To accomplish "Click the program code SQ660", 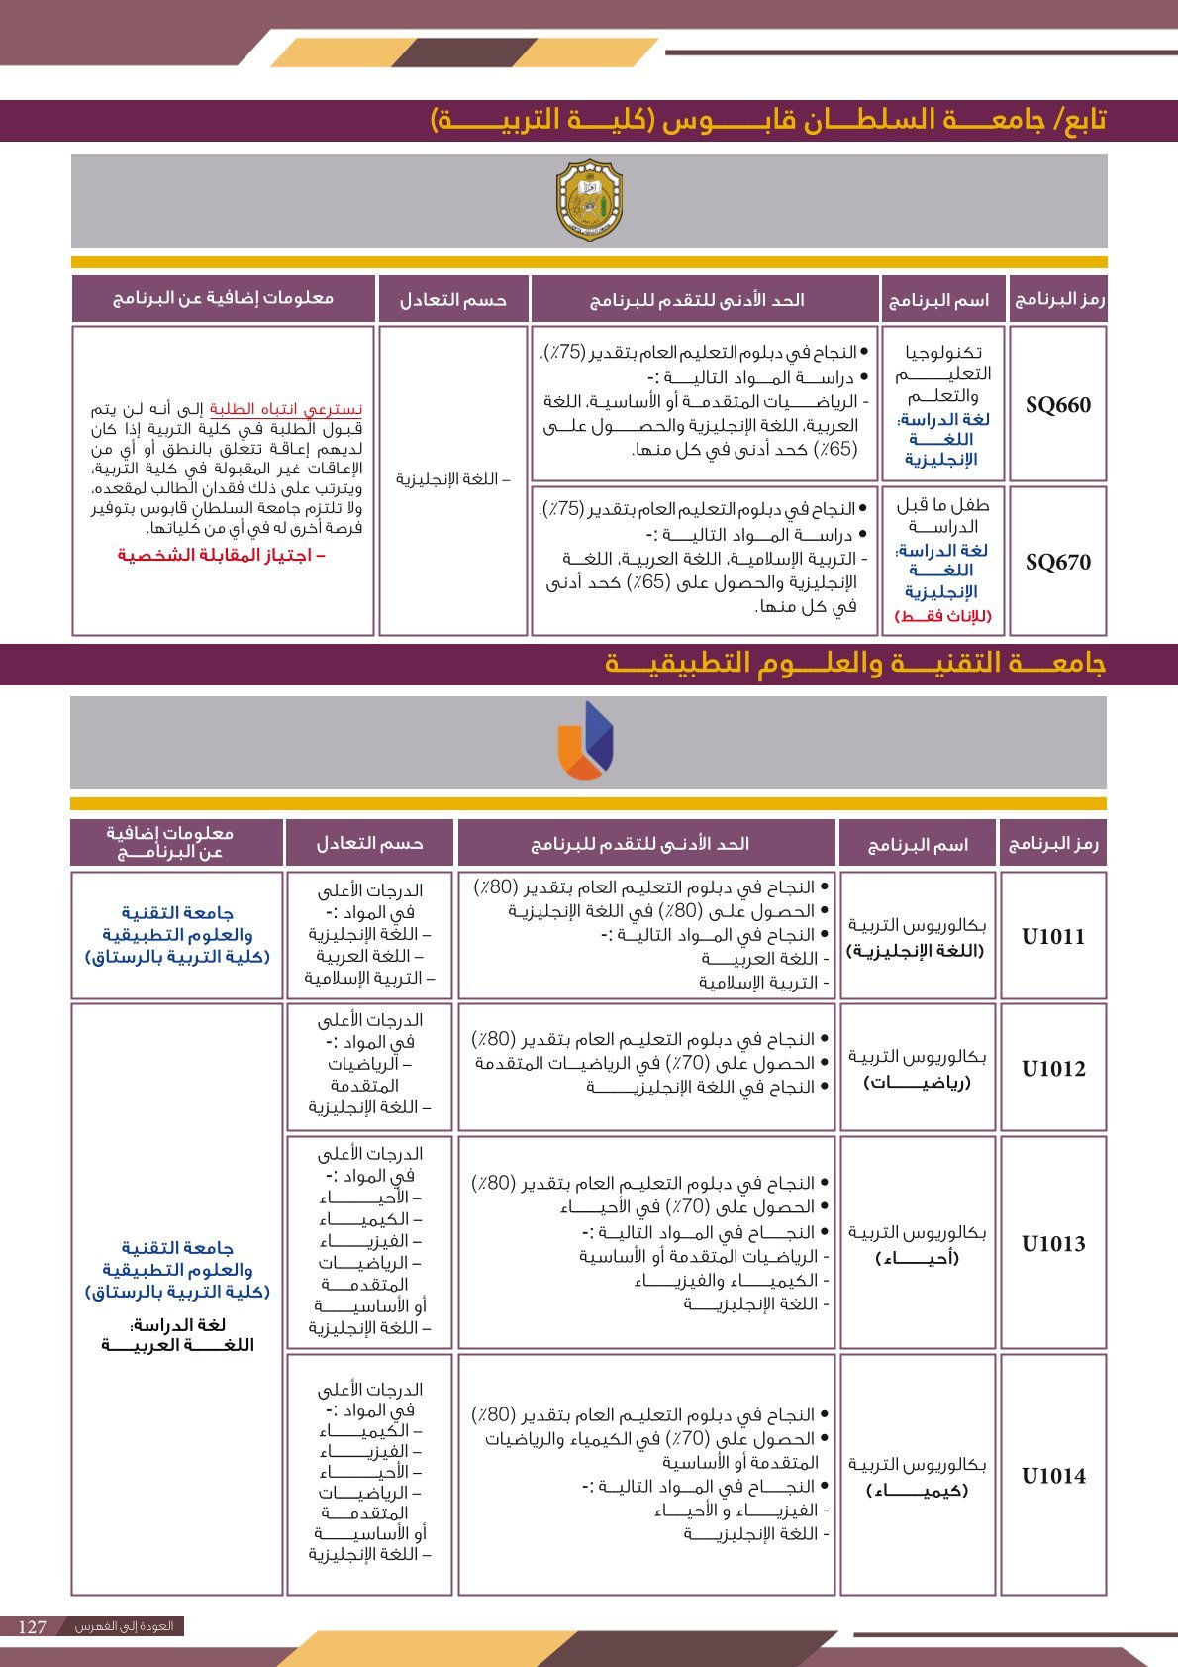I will point(1057,405).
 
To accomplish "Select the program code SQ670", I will point(1057,562).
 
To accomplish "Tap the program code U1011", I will point(1053,936).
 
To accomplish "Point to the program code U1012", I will point(1053,1068).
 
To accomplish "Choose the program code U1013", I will point(1053,1243).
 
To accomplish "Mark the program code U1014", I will point(1053,1475).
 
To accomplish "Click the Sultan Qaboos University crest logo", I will point(589,200).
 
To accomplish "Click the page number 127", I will point(33,1626).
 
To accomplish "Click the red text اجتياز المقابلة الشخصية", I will point(222,555).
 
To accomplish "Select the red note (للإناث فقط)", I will point(942,615).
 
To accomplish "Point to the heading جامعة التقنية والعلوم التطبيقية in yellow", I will point(854,664).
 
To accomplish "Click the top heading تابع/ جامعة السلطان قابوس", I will point(769,120).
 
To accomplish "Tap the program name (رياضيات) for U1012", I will point(917,1082).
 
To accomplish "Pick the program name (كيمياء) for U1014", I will point(917,1490).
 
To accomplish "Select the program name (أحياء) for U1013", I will point(917,1258).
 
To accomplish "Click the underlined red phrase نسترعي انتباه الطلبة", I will point(286,409).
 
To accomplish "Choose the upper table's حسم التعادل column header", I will point(452,299).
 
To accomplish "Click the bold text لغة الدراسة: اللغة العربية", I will point(177,1334).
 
